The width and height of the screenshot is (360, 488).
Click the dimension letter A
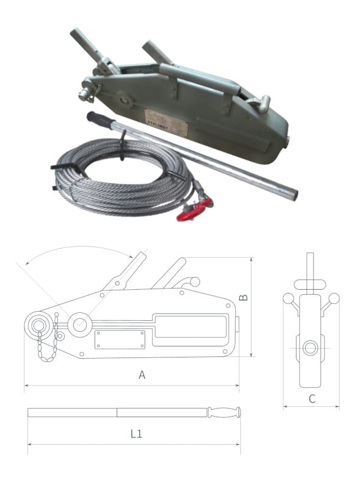click(142, 375)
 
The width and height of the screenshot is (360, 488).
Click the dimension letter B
click(243, 297)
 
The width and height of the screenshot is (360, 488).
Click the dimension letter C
click(311, 399)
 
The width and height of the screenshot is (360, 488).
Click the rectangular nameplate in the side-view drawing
click(120, 339)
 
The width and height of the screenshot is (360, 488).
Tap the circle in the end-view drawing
click(311, 348)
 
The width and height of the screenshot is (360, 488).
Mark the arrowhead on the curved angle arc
click(131, 255)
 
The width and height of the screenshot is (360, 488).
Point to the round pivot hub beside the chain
click(79, 324)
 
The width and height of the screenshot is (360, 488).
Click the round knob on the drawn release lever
click(195, 281)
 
